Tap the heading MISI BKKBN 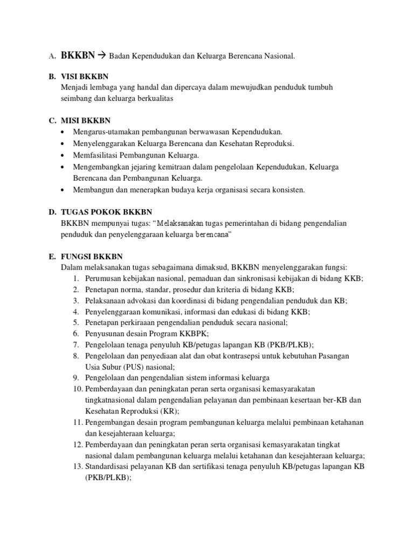tap(86, 120)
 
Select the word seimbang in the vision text tap(79, 99)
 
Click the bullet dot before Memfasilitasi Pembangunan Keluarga tap(65, 155)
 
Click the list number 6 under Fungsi tap(77, 334)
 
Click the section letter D tap(53, 211)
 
